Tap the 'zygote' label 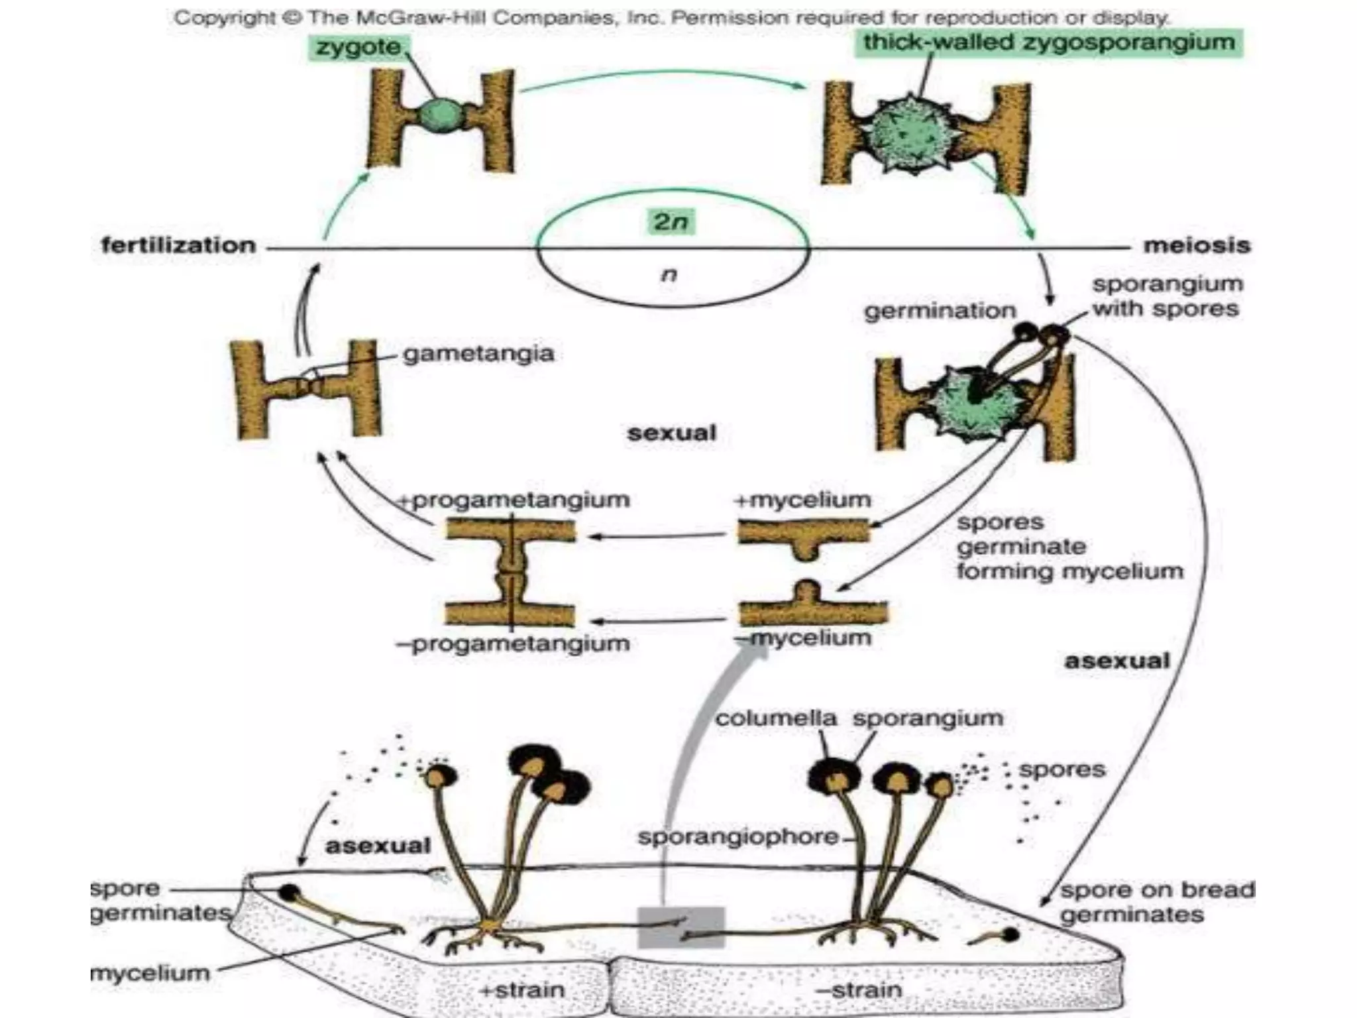click(358, 47)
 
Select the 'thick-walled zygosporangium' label click(1048, 42)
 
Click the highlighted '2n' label click(671, 221)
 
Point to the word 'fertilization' click(178, 245)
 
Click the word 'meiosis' click(1197, 245)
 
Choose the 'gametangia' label click(478, 353)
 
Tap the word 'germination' click(940, 310)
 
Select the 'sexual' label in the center click(672, 433)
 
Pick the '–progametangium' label click(513, 644)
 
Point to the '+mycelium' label click(802, 500)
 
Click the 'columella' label click(775, 718)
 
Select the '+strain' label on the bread click(522, 990)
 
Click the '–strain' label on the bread click(859, 990)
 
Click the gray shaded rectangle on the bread click(681, 926)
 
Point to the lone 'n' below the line click(669, 274)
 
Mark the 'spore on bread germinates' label click(1157, 902)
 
